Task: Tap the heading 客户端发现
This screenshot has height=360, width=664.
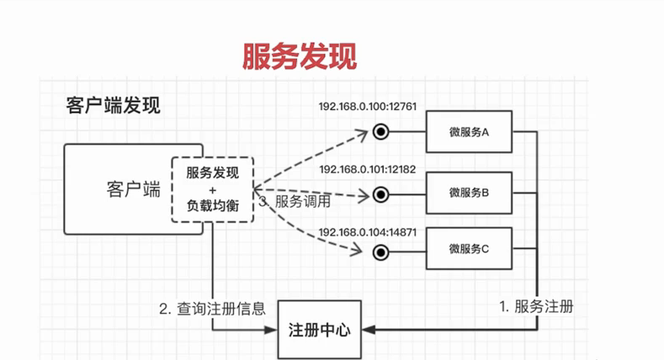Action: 113,106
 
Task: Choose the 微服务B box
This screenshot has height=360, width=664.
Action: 469,193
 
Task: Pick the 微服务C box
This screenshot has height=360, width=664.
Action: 469,249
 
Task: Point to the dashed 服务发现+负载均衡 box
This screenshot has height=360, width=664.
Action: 212,189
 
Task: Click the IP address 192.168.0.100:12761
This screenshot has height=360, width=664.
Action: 368,107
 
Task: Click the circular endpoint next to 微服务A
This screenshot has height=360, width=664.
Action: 380,131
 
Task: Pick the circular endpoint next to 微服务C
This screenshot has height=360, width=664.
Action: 380,251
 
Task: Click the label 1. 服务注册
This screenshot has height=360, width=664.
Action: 536,305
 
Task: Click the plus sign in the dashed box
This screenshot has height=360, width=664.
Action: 212,190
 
